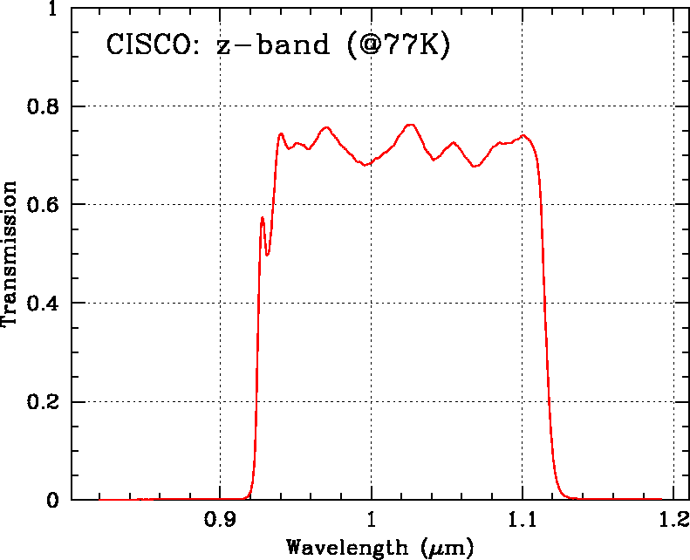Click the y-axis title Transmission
tap(11, 254)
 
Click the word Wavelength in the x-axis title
tap(345, 548)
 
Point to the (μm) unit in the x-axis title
tap(446, 548)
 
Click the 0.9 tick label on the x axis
tap(220, 520)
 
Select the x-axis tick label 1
tap(372, 520)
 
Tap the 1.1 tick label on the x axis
tap(523, 520)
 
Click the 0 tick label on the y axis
tap(54, 501)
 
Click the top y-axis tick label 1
tap(54, 9)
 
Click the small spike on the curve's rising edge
tap(263, 218)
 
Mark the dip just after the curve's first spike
tap(267, 254)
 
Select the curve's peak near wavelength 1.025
tap(411, 125)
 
